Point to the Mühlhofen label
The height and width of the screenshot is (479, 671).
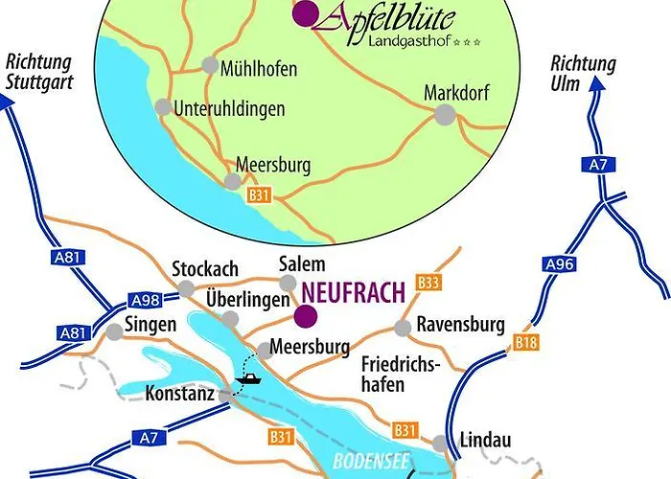(258, 69)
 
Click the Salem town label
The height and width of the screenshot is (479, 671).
(301, 264)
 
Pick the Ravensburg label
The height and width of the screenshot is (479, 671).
(460, 326)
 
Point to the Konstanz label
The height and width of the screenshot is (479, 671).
(178, 394)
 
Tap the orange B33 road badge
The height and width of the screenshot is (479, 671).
(428, 283)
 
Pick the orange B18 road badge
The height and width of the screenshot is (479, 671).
(523, 342)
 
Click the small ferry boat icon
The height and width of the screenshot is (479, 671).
(247, 379)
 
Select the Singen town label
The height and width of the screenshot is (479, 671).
(151, 325)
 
